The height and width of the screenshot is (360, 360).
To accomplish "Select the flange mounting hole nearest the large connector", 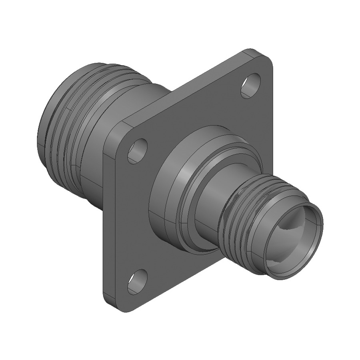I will pyautogui.click(x=137, y=151).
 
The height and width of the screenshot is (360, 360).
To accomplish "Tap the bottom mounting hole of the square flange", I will pyautogui.click(x=137, y=282).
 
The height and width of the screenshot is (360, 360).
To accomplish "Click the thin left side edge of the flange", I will pyautogui.click(x=105, y=224).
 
